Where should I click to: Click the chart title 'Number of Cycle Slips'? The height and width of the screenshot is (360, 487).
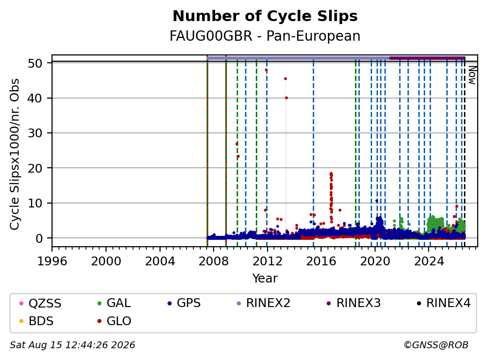coord(265,16)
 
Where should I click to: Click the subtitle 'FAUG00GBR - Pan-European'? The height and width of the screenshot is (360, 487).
coord(265,36)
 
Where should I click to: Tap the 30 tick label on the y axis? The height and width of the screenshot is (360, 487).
coord(35,133)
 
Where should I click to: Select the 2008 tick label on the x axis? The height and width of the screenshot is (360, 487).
coord(214,261)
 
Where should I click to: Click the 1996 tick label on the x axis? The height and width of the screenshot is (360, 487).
coord(52,261)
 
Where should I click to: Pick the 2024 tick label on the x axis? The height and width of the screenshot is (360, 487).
coord(429,261)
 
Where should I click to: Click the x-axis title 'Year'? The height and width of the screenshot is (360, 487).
coord(265,279)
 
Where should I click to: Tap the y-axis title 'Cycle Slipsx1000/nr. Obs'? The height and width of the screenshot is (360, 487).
coord(14,154)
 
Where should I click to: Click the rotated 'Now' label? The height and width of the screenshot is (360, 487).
coord(472,75)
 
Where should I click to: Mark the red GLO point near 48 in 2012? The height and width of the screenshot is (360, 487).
coord(266,70)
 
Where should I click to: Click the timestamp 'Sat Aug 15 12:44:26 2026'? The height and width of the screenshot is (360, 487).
coord(72,345)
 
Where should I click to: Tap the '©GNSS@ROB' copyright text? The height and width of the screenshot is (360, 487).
coord(436,345)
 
